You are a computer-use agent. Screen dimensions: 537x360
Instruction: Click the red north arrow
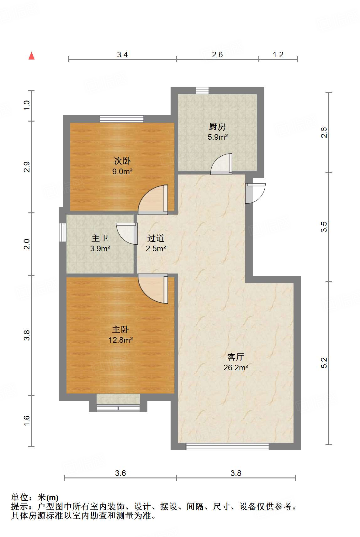coord(31,56)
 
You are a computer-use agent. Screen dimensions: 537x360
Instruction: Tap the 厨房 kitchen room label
coord(217,127)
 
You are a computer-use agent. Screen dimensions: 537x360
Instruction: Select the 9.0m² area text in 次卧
coord(122,171)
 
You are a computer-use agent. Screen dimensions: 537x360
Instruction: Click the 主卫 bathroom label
coord(100,238)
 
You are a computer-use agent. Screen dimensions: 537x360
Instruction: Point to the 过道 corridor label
coord(156,238)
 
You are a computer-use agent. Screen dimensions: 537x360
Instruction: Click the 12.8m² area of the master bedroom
coord(121,340)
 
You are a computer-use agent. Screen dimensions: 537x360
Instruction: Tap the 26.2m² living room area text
coord(236,368)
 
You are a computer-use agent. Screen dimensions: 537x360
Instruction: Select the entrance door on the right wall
coord(255,193)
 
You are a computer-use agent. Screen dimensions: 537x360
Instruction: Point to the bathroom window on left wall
coord(62,232)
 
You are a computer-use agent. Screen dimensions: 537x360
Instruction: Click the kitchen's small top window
coord(202,91)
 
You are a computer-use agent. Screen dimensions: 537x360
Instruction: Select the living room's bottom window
coord(227,446)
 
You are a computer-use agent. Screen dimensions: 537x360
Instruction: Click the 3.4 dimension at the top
coord(122,55)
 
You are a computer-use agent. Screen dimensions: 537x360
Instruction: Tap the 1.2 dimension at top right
coord(278,55)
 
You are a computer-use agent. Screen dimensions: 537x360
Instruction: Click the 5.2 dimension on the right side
coord(324,363)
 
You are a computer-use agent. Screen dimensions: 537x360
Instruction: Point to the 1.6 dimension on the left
coord(27,420)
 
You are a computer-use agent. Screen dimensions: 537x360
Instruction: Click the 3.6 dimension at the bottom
coord(120,473)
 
